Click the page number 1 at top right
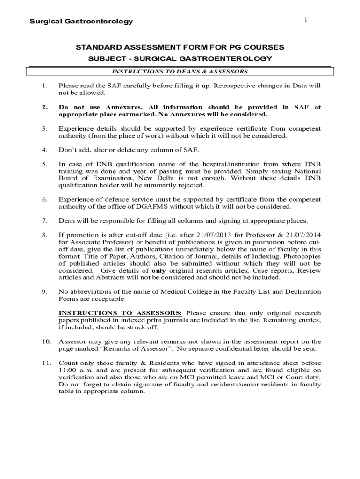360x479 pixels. point(305,19)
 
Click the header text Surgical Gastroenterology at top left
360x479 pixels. point(81,22)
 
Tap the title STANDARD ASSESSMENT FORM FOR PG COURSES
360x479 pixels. point(180,48)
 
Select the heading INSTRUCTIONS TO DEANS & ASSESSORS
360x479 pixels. point(180,72)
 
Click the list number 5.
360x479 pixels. point(44,164)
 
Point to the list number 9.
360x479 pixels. point(44,292)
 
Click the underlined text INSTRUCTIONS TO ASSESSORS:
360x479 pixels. point(121,313)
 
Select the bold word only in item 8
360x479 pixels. point(158,270)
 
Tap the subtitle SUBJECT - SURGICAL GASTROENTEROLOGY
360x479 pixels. point(180,59)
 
